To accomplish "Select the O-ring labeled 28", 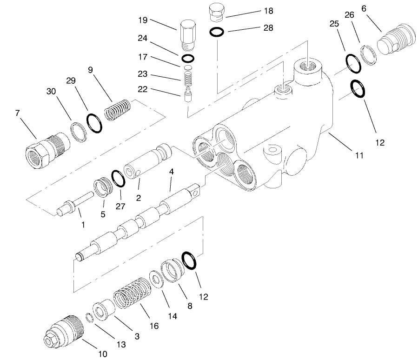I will [x=217, y=32].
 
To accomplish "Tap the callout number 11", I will [x=358, y=156].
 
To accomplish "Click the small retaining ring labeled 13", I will [x=89, y=319].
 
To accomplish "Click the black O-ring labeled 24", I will [x=187, y=58].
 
